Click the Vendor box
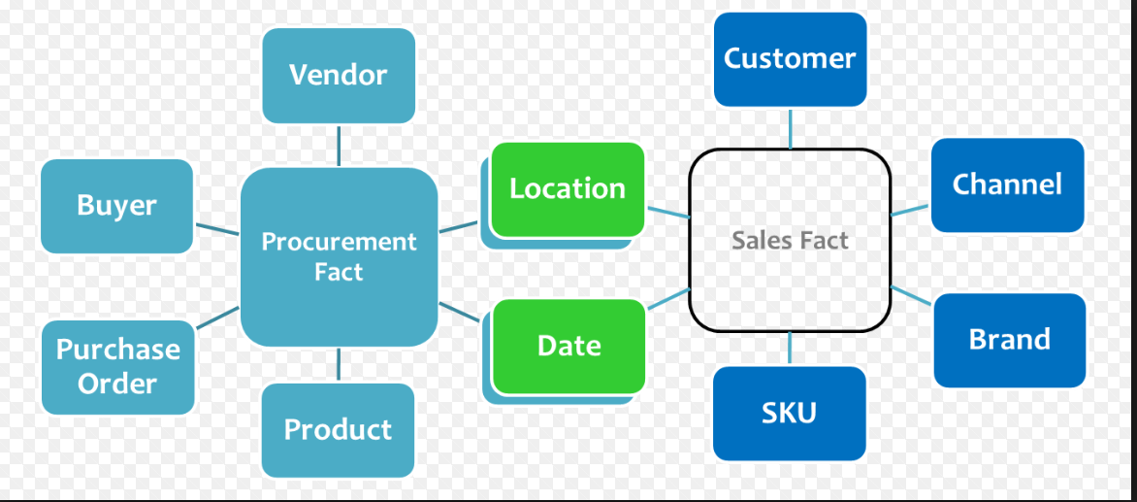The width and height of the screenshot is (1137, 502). coord(339,76)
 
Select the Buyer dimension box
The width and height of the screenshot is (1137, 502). coord(116,206)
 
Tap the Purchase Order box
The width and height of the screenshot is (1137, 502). coord(117,366)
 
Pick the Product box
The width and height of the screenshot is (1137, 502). coord(338,429)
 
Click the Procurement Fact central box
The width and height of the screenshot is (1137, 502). coord(339,257)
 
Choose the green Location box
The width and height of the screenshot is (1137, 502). coord(568,188)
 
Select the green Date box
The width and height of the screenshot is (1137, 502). coord(568,346)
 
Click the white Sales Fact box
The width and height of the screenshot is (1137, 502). coord(790,240)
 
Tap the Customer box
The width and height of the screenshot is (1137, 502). coord(790,58)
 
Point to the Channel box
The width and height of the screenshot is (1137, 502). coord(1007,184)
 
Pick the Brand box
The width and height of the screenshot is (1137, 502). coord(1009,340)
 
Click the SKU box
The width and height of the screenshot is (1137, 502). coord(789,413)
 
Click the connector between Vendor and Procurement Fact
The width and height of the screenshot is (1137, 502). coord(339,145)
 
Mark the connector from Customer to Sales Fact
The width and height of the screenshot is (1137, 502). coord(790,127)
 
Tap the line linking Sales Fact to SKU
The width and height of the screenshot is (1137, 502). coord(790,349)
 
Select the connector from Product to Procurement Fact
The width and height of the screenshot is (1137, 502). coord(339,365)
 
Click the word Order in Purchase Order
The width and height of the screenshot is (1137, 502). coord(117,384)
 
